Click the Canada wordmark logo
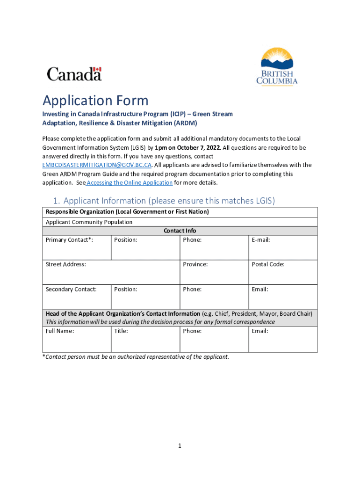pyautogui.click(x=74, y=74)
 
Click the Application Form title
pyautogui.click(x=95, y=101)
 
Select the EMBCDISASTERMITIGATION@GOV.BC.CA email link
pyautogui.click(x=97, y=165)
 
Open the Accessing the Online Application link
pyautogui.click(x=130, y=182)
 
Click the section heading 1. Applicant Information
pyautogui.click(x=164, y=201)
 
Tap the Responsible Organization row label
pyautogui.click(x=127, y=212)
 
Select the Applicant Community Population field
pyautogui.click(x=89, y=222)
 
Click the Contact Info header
pyautogui.click(x=180, y=231)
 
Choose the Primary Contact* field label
pyautogui.click(x=69, y=239)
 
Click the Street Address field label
pyautogui.click(x=66, y=264)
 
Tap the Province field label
pyautogui.click(x=195, y=264)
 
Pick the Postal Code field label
pyautogui.click(x=268, y=264)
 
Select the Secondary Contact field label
pyautogui.click(x=71, y=289)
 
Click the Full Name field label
pyautogui.click(x=60, y=331)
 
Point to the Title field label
pyautogui.click(x=121, y=331)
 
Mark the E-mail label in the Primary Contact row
pyautogui.click(x=261, y=239)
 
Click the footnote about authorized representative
pyautogui.click(x=136, y=356)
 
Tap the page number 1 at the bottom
pyautogui.click(x=180, y=446)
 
